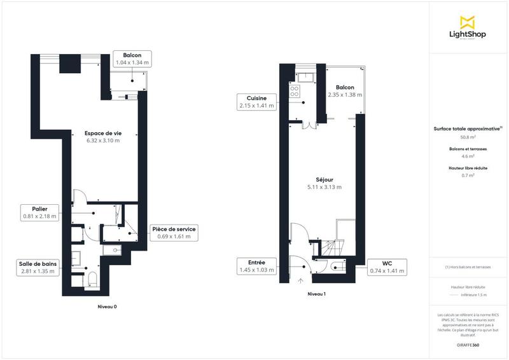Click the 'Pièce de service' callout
point(173,233)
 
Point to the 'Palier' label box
point(39,212)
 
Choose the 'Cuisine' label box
point(256,102)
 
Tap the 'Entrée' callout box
point(256,266)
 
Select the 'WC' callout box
point(387,266)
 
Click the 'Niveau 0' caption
point(106,306)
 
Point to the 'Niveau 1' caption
point(316,294)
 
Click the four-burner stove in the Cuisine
point(295,91)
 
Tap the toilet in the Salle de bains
point(92,279)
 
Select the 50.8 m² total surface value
point(468,137)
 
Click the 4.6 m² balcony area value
point(468,156)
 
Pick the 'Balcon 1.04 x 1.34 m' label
point(132,59)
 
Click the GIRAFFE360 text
point(468,345)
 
